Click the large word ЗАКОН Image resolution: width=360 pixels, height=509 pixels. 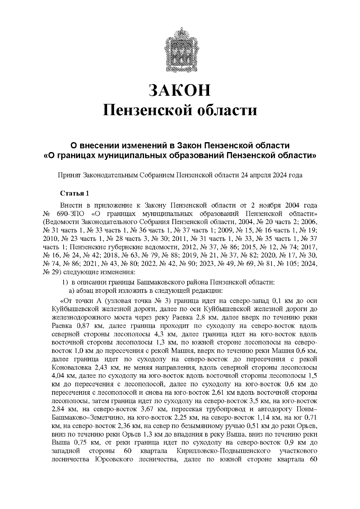(180, 90)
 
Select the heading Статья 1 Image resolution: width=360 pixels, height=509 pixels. (75, 193)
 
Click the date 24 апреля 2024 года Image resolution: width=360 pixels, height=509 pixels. (271, 175)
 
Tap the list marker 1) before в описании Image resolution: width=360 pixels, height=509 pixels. (65, 282)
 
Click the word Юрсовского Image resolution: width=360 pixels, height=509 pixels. (114, 460)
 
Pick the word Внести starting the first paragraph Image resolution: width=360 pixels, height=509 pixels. (71, 206)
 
